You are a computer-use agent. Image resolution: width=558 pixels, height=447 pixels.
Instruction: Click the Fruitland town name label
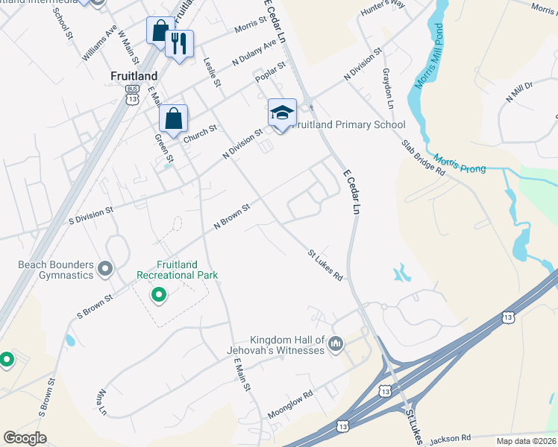pos(134,76)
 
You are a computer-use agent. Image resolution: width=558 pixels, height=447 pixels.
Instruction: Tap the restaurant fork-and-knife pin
pos(179,45)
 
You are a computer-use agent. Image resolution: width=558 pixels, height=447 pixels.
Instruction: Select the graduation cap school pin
pos(282,114)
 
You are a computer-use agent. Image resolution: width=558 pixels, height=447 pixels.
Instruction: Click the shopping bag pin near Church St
pos(173,119)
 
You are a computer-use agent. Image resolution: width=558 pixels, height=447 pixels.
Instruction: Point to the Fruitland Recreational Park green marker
pos(158,297)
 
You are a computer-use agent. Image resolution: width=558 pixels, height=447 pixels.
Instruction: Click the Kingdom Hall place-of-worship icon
pos(336,343)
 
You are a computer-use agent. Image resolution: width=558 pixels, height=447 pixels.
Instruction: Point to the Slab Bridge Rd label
pos(423,157)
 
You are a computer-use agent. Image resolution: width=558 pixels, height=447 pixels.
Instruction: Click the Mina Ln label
pos(101,402)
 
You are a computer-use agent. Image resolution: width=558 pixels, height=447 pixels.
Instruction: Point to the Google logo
pos(25,438)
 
